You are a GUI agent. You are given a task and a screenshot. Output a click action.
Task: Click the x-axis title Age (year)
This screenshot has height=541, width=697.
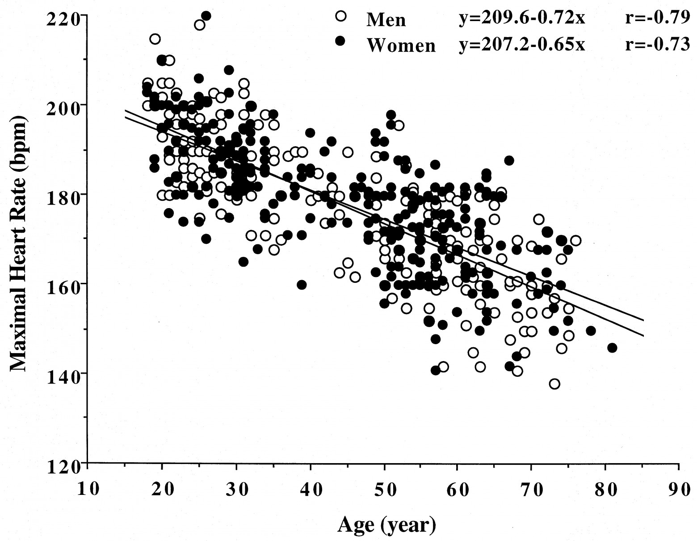[386, 524]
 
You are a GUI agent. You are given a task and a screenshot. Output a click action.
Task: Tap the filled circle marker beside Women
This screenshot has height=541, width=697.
[340, 41]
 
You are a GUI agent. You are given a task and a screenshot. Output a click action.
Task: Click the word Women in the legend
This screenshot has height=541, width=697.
[401, 45]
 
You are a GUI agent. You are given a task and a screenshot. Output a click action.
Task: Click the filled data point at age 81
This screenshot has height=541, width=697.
[612, 348]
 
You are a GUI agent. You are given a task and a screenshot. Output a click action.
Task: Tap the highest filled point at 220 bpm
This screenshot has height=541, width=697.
[206, 16]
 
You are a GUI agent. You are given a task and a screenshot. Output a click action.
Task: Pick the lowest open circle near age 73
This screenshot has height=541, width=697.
[554, 384]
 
